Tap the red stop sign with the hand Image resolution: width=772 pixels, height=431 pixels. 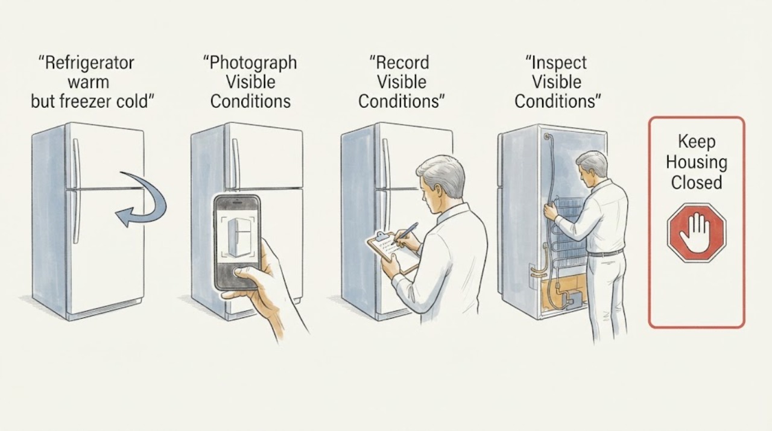tap(697, 233)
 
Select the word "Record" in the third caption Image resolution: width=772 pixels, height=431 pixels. tap(402, 63)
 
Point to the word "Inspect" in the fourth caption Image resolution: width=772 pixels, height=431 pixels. tap(559, 63)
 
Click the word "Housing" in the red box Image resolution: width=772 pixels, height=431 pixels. tap(697, 163)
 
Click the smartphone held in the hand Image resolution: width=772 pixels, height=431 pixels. tap(237, 243)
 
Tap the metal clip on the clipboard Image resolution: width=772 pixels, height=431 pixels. tap(381, 236)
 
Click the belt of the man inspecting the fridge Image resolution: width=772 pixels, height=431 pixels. tap(605, 253)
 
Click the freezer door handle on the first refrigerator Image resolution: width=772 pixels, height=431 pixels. tap(76, 163)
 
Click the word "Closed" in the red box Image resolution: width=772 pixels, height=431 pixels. tap(697, 183)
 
